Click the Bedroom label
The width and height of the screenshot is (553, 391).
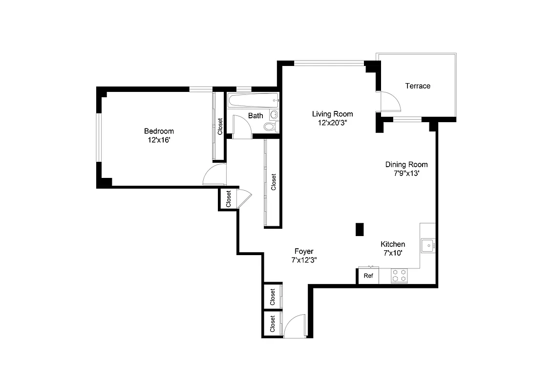pos(159,131)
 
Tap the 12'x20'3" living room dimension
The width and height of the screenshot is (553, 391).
pos(332,123)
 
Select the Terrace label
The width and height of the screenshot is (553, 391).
pos(418,86)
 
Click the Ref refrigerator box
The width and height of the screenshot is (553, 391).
pos(368,276)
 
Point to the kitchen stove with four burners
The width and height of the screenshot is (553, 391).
pos(399,276)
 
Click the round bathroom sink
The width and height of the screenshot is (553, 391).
pos(274,115)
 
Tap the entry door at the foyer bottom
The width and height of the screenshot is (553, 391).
pos(295,326)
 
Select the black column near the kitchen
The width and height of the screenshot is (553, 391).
pos(360,229)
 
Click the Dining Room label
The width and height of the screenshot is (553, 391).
pos(406,165)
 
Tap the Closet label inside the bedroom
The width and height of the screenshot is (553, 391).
pos(220,127)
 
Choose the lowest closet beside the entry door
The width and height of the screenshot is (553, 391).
pos(272,323)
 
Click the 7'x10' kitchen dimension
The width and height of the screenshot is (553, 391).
pos(393,253)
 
